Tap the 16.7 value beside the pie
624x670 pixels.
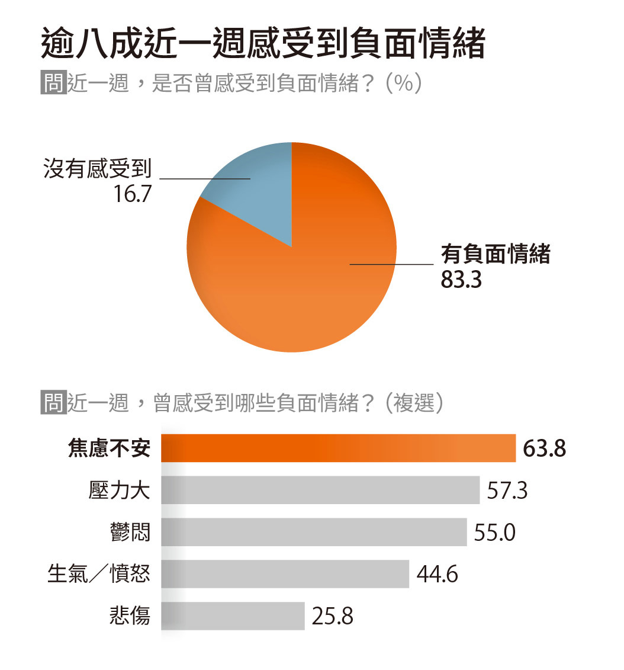(x=131, y=193)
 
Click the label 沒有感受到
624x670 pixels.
(x=98, y=170)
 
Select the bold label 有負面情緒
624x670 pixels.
(x=496, y=255)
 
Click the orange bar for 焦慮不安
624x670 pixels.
(x=338, y=448)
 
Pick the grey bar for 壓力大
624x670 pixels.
(x=320, y=490)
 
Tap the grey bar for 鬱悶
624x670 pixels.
(x=314, y=532)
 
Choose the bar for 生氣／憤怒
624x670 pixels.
(x=285, y=574)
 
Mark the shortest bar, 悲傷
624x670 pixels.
(x=233, y=616)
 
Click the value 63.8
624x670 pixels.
(x=545, y=448)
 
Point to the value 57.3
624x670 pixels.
(x=507, y=491)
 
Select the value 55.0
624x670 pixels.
(x=495, y=533)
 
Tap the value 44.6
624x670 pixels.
(x=437, y=575)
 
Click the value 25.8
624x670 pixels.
(x=333, y=617)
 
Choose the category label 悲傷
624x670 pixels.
(x=130, y=617)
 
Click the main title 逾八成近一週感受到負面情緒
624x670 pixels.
(x=263, y=44)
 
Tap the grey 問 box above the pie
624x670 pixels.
(x=53, y=83)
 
